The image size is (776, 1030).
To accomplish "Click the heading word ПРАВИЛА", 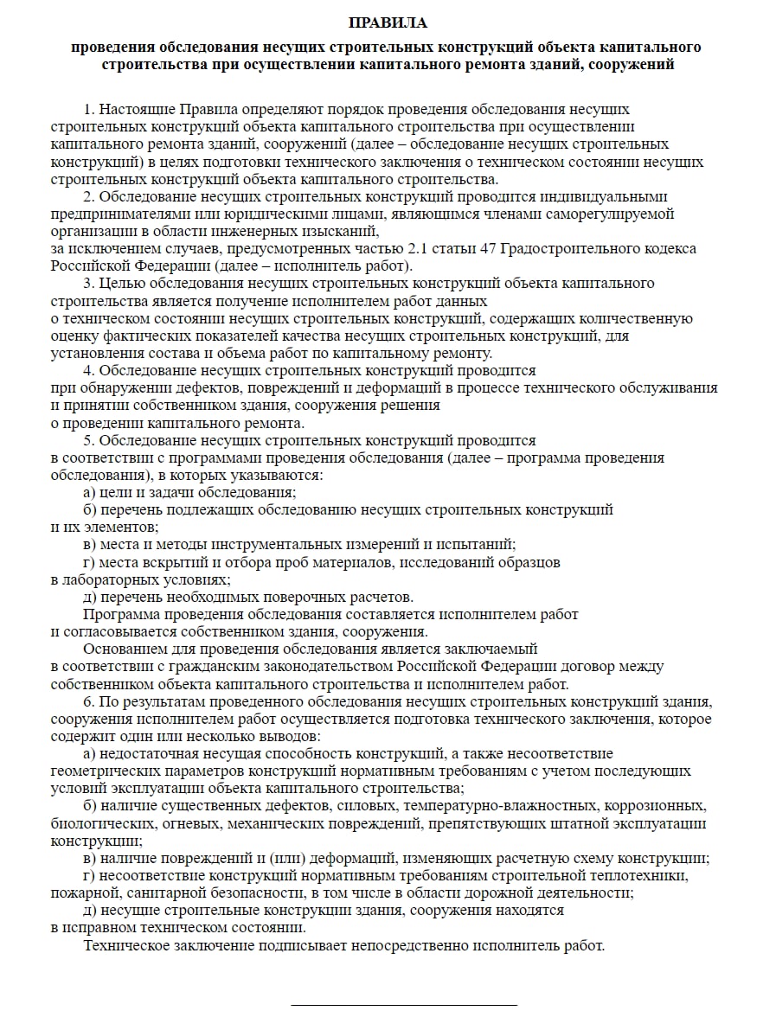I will click(x=388, y=22).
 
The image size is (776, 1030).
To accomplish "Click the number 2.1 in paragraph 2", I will click(x=418, y=248).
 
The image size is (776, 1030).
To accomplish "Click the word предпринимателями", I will click(x=108, y=214).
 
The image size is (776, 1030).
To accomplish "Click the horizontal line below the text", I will click(x=403, y=1005).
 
